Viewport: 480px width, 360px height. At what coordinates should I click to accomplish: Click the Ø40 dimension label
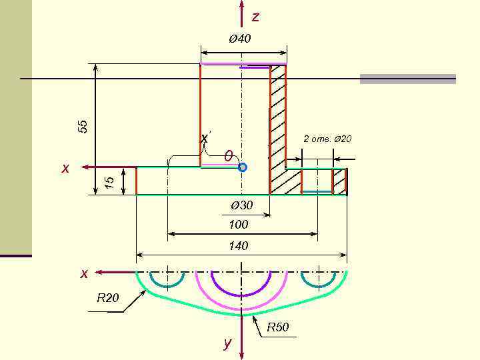tap(240, 39)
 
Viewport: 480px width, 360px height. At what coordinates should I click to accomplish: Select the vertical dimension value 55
tap(83, 126)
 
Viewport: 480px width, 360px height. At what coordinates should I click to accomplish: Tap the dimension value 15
tap(111, 181)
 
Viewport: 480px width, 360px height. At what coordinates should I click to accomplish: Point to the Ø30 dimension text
tap(241, 205)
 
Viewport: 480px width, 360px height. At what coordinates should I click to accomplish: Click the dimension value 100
tap(238, 225)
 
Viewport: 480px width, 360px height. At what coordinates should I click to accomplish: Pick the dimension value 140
tap(238, 246)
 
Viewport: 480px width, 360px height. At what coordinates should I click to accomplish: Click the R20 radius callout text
tap(108, 298)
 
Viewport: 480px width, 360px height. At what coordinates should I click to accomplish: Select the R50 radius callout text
tap(278, 327)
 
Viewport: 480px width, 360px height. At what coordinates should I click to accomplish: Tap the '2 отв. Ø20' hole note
tap(327, 139)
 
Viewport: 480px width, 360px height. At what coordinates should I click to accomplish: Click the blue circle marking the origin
tap(243, 167)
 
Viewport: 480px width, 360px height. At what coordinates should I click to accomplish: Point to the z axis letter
tap(255, 17)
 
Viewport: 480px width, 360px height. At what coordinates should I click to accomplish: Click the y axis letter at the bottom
tap(227, 343)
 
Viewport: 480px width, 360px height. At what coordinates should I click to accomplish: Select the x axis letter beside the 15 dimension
tap(65, 169)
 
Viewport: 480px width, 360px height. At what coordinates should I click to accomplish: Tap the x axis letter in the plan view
tap(84, 273)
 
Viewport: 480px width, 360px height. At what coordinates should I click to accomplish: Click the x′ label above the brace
tap(205, 138)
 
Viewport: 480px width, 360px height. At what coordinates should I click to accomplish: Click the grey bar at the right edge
tap(407, 79)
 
